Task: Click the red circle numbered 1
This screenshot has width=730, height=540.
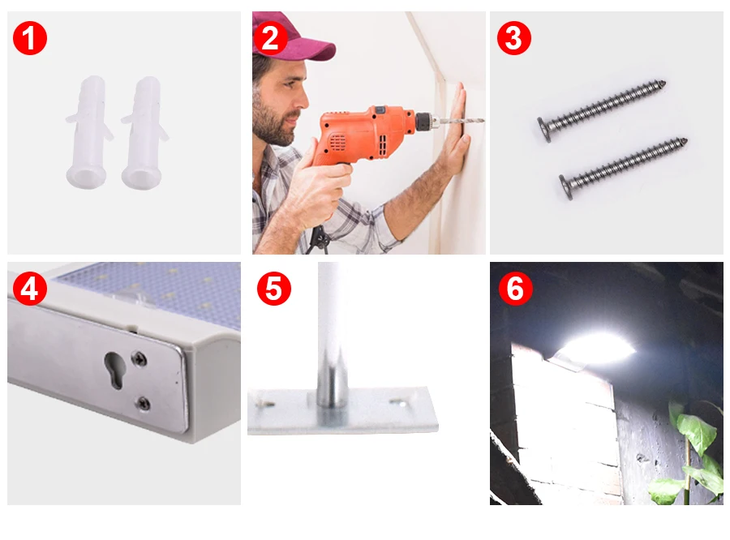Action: pyautogui.click(x=30, y=38)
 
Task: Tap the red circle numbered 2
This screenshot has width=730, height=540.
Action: pyautogui.click(x=270, y=38)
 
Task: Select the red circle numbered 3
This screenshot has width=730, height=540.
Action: pyautogui.click(x=514, y=38)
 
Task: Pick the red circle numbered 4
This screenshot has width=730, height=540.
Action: pyautogui.click(x=30, y=289)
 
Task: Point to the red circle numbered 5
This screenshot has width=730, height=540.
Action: pyautogui.click(x=274, y=289)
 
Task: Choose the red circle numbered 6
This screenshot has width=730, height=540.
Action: pyautogui.click(x=516, y=289)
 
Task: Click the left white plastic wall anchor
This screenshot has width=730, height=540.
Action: pyautogui.click(x=89, y=131)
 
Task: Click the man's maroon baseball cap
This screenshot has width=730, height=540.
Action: pyautogui.click(x=294, y=40)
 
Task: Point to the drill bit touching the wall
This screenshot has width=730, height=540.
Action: pyautogui.click(x=462, y=121)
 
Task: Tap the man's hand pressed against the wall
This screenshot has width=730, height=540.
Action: pyautogui.click(x=454, y=135)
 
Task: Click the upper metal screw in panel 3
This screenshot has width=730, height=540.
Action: pyautogui.click(x=602, y=110)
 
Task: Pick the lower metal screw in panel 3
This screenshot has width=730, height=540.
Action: pyautogui.click(x=624, y=168)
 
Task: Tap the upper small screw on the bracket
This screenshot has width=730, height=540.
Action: pyautogui.click(x=139, y=359)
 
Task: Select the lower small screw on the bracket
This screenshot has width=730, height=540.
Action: pyautogui.click(x=143, y=403)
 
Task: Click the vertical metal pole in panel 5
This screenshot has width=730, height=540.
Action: pyautogui.click(x=333, y=334)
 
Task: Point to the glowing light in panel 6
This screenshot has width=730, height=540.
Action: pyautogui.click(x=599, y=348)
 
